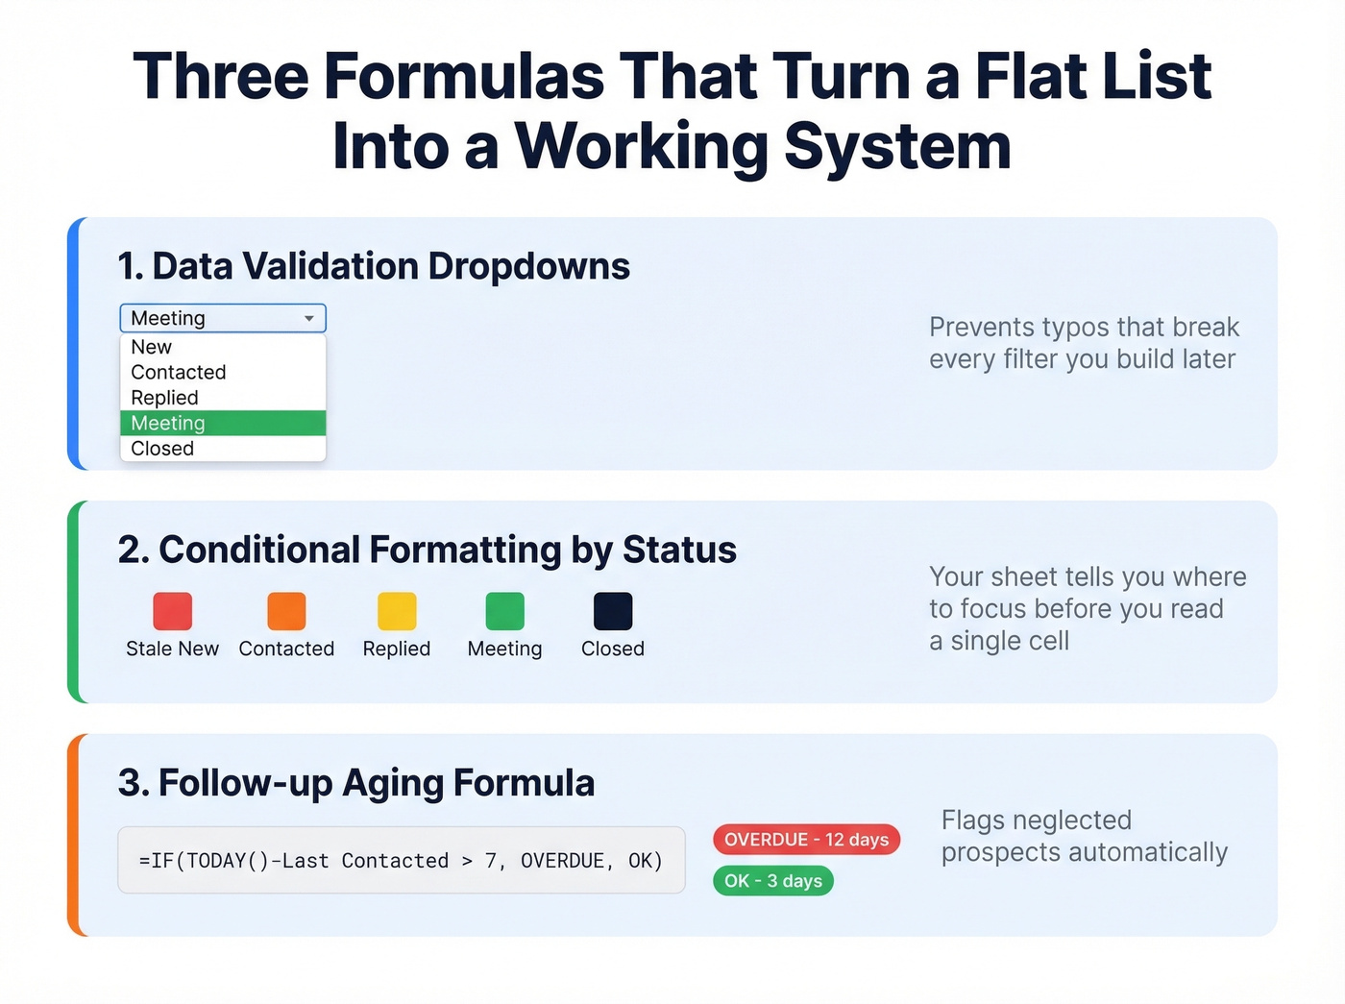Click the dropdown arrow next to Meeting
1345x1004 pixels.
coord(309,318)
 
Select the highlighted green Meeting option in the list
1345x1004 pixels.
coord(222,424)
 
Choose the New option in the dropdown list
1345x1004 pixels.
coord(152,347)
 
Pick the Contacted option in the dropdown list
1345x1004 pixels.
coord(179,373)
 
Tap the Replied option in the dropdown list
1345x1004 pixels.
coord(164,398)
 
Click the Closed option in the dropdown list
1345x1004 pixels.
coord(162,449)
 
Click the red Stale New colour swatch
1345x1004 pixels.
coord(173,611)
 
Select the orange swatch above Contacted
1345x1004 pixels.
coord(286,611)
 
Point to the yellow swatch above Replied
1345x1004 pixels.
coord(397,611)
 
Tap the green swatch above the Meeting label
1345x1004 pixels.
coord(504,611)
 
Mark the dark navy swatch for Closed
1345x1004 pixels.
coord(613,611)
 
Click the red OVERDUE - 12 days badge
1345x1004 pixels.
coord(806,840)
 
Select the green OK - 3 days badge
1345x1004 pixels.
coord(773,881)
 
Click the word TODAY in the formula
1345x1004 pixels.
coord(216,861)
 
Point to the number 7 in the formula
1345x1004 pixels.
coord(491,861)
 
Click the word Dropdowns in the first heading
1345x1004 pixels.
coord(528,267)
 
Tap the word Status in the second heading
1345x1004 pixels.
coord(679,551)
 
